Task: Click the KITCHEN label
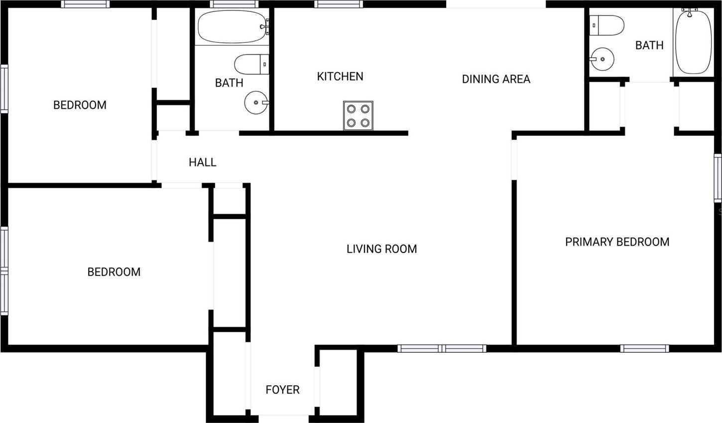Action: point(340,76)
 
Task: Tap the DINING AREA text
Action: point(496,79)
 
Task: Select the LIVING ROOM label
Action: point(381,249)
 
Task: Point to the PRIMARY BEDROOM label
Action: point(617,242)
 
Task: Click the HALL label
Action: point(203,162)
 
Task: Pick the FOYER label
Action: point(282,390)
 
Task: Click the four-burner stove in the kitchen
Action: point(358,116)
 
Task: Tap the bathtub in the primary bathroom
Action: point(693,42)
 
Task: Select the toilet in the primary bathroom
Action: point(607,25)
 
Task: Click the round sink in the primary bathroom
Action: point(602,59)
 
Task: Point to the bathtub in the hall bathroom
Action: point(233,26)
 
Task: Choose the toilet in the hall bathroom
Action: point(251,64)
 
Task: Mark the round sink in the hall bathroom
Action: point(256,103)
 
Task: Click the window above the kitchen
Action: point(339,4)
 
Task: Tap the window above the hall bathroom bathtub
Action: point(235,4)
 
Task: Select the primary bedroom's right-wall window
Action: point(718,178)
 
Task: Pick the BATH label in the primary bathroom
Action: point(649,45)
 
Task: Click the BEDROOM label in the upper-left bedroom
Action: point(80,105)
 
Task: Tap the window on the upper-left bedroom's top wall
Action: point(85,4)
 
